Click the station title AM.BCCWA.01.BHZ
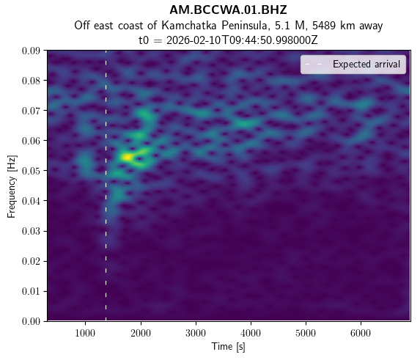(228, 10)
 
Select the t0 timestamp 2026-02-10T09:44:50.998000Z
(242, 40)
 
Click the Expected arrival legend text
(366, 65)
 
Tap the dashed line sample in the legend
(314, 65)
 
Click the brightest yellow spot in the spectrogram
(127, 157)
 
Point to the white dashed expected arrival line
(106, 185)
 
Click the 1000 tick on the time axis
(85, 333)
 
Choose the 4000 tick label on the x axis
(251, 333)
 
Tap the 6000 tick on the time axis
(361, 333)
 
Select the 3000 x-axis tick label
(196, 333)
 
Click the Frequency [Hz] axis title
(12, 186)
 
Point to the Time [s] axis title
(228, 347)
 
